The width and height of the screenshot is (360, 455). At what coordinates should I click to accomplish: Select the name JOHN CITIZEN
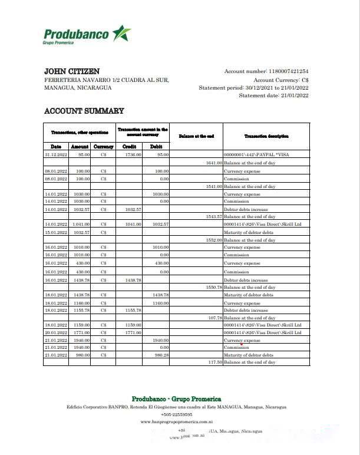click(x=72, y=71)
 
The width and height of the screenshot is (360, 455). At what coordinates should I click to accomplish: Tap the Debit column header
click(x=156, y=146)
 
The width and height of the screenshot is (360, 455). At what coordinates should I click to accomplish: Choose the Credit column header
click(x=129, y=146)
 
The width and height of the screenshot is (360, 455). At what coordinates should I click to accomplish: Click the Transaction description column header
click(x=266, y=136)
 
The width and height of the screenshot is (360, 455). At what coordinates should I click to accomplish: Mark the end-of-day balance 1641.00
click(x=213, y=163)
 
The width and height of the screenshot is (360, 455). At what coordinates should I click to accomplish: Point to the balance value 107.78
click(x=214, y=317)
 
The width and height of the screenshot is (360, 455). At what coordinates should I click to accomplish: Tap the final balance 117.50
click(x=214, y=362)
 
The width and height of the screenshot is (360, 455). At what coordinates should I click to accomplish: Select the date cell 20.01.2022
click(x=56, y=332)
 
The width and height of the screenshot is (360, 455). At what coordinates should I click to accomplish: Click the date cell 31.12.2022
click(x=56, y=155)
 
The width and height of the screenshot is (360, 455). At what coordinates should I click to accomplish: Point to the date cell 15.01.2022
click(x=56, y=232)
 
